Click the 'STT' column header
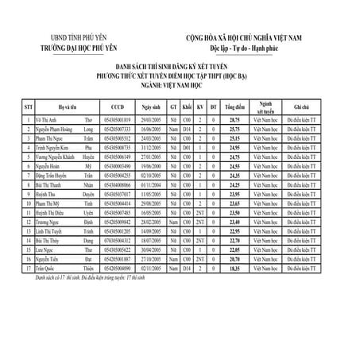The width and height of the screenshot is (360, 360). coord(26,106)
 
